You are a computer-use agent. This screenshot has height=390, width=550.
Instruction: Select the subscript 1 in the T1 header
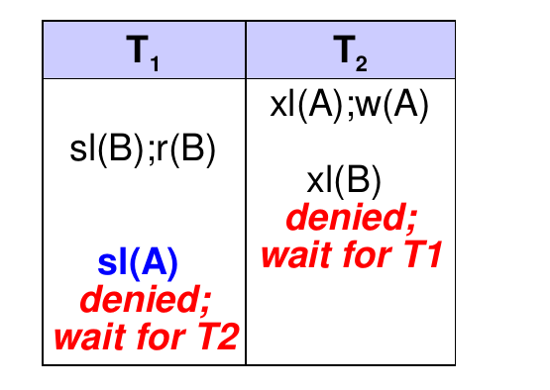point(155,64)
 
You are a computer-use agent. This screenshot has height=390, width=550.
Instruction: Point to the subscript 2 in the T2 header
point(362,64)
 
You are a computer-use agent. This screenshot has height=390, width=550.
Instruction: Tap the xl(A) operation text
point(307,105)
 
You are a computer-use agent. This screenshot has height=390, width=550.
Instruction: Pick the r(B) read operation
point(186,148)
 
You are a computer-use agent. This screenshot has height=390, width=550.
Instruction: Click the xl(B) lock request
point(344,181)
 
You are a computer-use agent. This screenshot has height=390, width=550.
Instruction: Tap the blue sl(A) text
point(138,263)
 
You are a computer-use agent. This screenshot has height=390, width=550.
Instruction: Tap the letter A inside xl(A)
point(320,104)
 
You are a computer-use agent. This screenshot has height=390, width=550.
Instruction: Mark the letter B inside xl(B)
point(357,180)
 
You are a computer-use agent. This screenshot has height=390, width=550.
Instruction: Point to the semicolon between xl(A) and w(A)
point(351,111)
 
